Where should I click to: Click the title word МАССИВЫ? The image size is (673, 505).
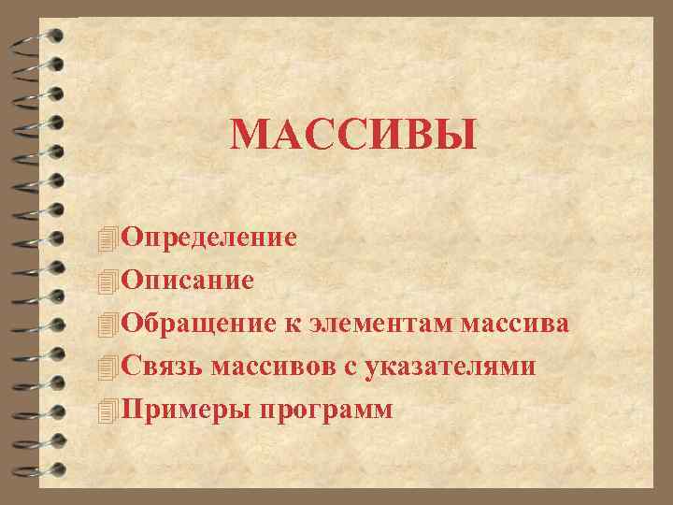(x=353, y=135)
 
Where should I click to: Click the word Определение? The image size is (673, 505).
(x=208, y=237)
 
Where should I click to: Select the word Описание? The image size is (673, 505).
(x=186, y=280)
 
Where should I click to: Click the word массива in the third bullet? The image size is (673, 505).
(x=515, y=324)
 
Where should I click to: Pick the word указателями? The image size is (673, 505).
(x=449, y=367)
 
